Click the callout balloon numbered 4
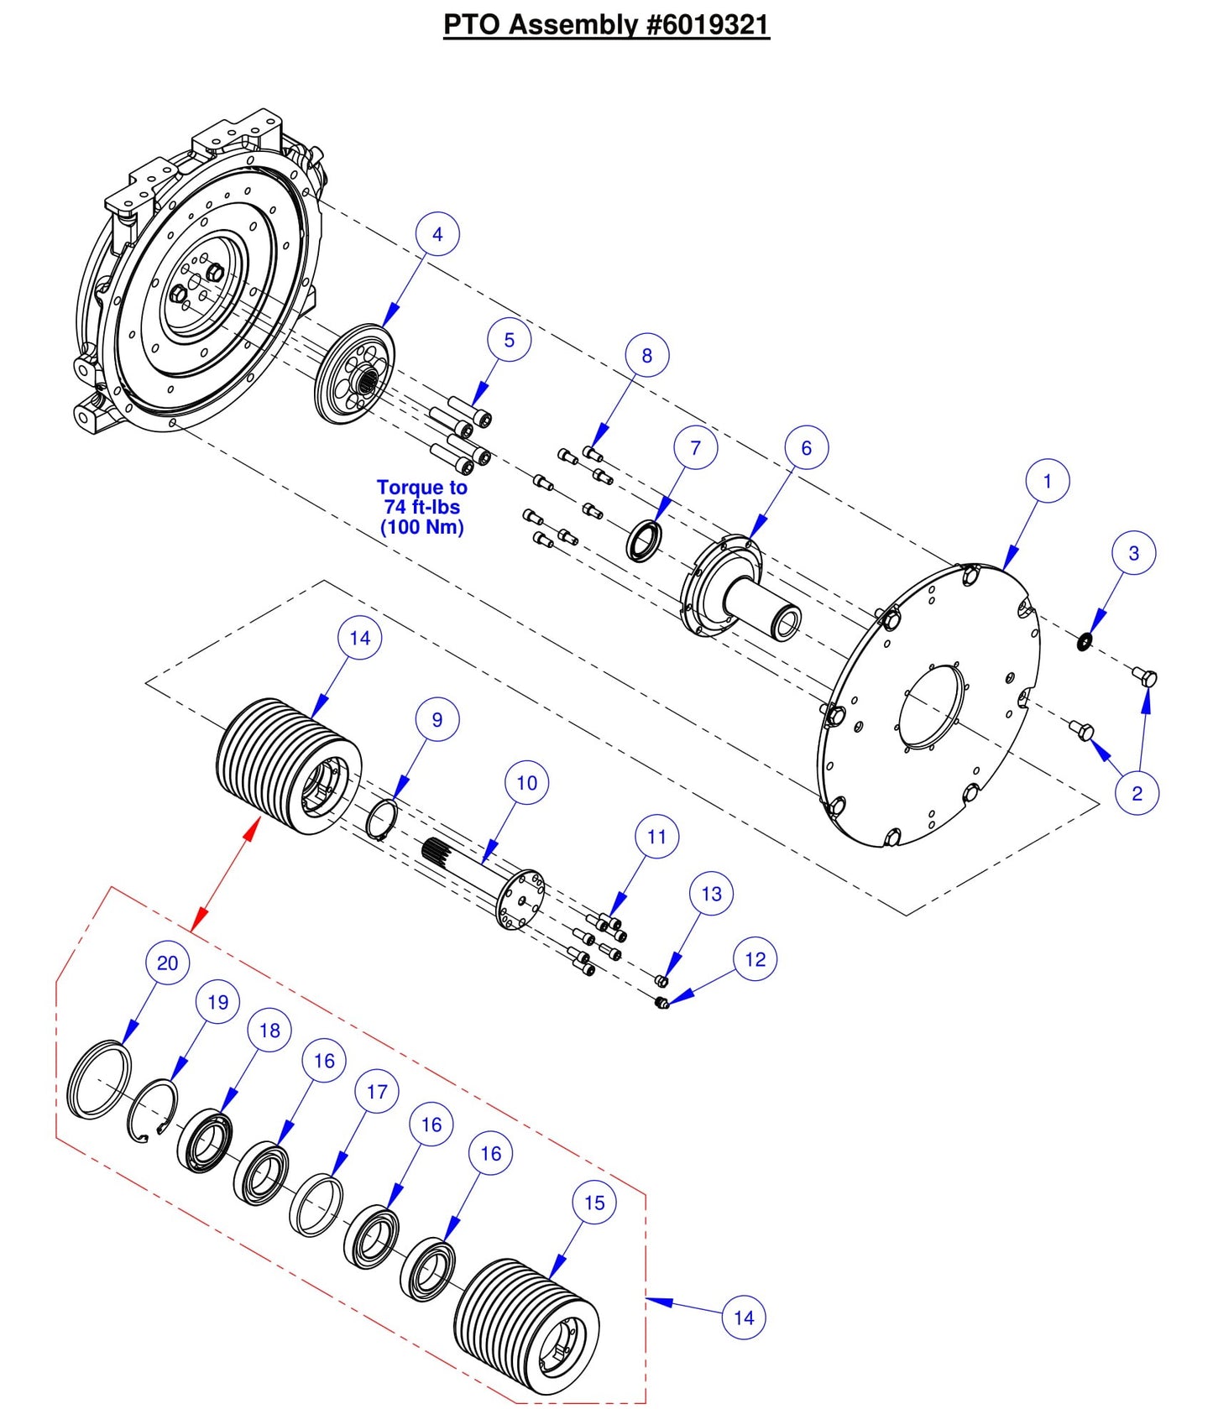[437, 234]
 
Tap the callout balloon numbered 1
[1047, 481]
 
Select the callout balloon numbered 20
[167, 963]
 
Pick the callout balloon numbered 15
[594, 1203]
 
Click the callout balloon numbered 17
[377, 1092]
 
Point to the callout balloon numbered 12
[755, 959]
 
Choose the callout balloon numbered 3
[1133, 553]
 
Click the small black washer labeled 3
[1085, 642]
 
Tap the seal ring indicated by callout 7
[645, 541]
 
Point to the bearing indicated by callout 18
[204, 1140]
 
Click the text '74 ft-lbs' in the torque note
[421, 507]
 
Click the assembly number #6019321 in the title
[708, 24]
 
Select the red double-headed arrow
[225, 875]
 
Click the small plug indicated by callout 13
[661, 980]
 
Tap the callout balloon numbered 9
[437, 719]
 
